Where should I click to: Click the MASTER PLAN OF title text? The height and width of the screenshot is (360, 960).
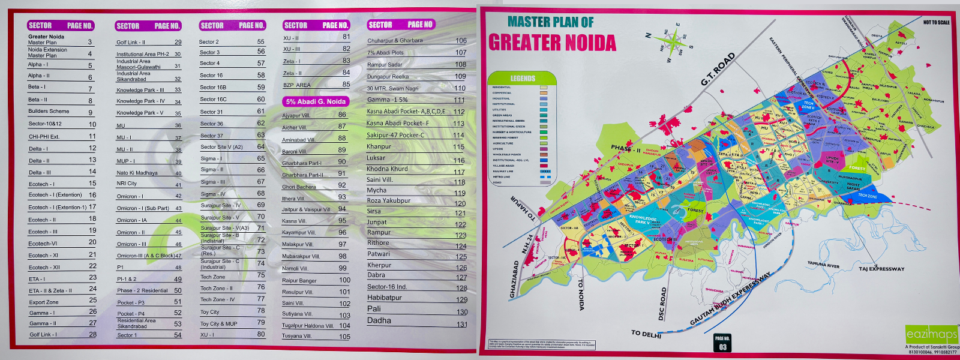tap(550, 22)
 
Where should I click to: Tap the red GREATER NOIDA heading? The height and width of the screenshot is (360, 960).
tap(552, 43)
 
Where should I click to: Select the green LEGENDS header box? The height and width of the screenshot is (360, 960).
tap(523, 78)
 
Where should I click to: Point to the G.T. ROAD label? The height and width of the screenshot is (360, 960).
tap(718, 69)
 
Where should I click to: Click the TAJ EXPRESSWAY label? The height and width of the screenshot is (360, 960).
tap(881, 269)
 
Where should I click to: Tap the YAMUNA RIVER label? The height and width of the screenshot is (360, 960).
tap(823, 264)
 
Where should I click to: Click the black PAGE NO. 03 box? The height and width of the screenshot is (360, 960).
tap(722, 343)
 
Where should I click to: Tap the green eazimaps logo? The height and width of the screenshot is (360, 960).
tap(931, 334)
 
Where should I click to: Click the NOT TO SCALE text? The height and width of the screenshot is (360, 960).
tap(936, 22)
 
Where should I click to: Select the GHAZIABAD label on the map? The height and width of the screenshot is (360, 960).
tap(514, 279)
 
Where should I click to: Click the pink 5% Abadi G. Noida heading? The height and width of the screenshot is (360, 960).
tap(316, 101)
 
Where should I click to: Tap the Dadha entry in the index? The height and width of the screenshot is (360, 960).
tap(379, 321)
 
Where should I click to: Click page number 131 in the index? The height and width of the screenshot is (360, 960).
tap(461, 325)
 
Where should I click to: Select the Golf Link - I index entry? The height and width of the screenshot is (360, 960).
tap(43, 335)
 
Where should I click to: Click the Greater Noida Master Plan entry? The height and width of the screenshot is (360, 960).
tap(46, 40)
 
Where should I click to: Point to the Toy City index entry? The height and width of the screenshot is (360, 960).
tap(210, 312)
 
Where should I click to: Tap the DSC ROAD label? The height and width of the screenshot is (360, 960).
tap(662, 304)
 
